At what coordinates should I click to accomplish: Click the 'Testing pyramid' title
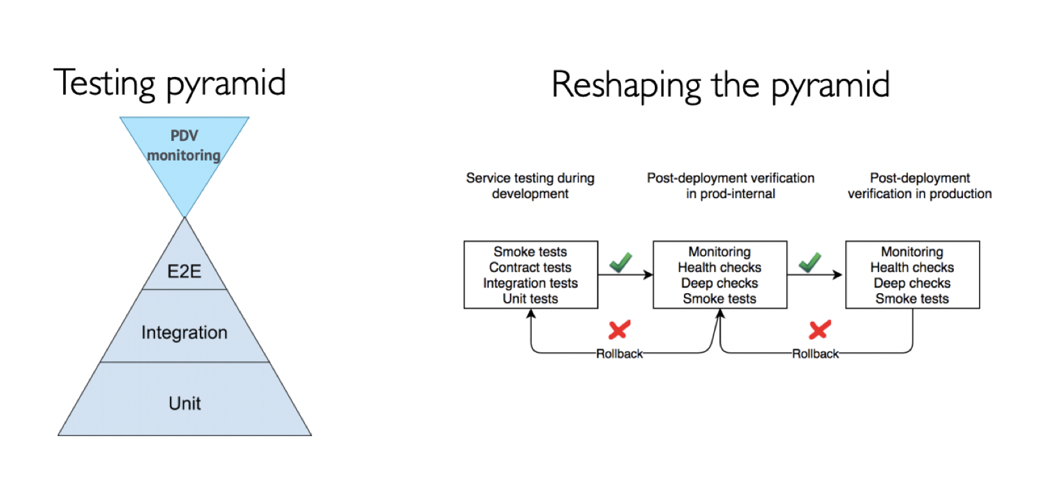pyautogui.click(x=170, y=84)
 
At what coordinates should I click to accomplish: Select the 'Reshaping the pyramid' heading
pyautogui.click(x=720, y=85)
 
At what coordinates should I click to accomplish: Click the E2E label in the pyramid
pyautogui.click(x=184, y=271)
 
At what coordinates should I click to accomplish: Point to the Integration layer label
pyautogui.click(x=184, y=333)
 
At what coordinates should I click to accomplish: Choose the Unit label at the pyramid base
pyautogui.click(x=184, y=403)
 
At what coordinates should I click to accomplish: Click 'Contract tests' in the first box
pyautogui.click(x=530, y=267)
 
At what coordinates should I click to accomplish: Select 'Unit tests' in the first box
pyautogui.click(x=530, y=299)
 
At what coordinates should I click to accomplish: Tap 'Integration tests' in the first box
pyautogui.click(x=530, y=283)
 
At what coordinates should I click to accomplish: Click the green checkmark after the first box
pyautogui.click(x=621, y=263)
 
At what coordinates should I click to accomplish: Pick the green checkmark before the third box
pyautogui.click(x=810, y=263)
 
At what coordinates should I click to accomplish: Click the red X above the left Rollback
pyautogui.click(x=619, y=330)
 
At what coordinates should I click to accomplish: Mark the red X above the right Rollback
pyautogui.click(x=819, y=330)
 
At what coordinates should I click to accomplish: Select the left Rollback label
pyautogui.click(x=619, y=354)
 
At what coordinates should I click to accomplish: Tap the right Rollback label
pyautogui.click(x=815, y=354)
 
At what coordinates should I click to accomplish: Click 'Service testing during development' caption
pyautogui.click(x=530, y=186)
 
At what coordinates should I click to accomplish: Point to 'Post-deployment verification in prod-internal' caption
pyautogui.click(x=731, y=186)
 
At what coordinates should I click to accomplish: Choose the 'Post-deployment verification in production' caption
pyautogui.click(x=920, y=186)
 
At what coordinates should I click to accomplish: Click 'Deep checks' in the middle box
pyautogui.click(x=720, y=283)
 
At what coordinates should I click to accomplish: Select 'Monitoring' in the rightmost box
pyautogui.click(x=913, y=252)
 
